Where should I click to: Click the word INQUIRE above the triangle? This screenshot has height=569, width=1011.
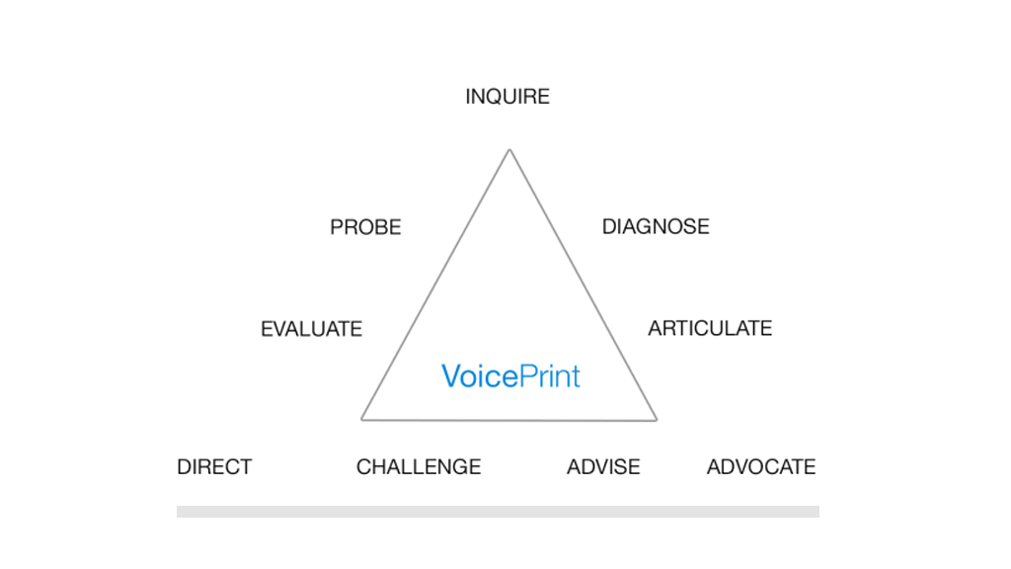507,97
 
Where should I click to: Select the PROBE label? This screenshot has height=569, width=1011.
365,228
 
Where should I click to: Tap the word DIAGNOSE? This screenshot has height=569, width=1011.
656,227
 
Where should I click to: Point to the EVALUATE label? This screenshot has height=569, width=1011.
311,329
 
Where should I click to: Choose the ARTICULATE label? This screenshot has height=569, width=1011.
710,328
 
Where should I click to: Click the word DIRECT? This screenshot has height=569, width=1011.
214,467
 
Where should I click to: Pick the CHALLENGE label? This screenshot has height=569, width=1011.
419,467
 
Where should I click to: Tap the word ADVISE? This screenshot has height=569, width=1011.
603,467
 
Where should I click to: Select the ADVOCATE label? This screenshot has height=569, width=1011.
761,467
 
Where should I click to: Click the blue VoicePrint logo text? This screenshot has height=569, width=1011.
510,376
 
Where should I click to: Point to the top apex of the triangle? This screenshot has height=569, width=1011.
509,150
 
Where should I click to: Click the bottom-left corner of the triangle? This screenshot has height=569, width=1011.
362,419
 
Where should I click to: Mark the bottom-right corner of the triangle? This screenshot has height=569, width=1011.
656,420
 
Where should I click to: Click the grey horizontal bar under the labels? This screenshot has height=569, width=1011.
498,512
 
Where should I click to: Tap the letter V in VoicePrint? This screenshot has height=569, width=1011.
450,376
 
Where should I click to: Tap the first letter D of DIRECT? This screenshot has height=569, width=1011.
184,467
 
